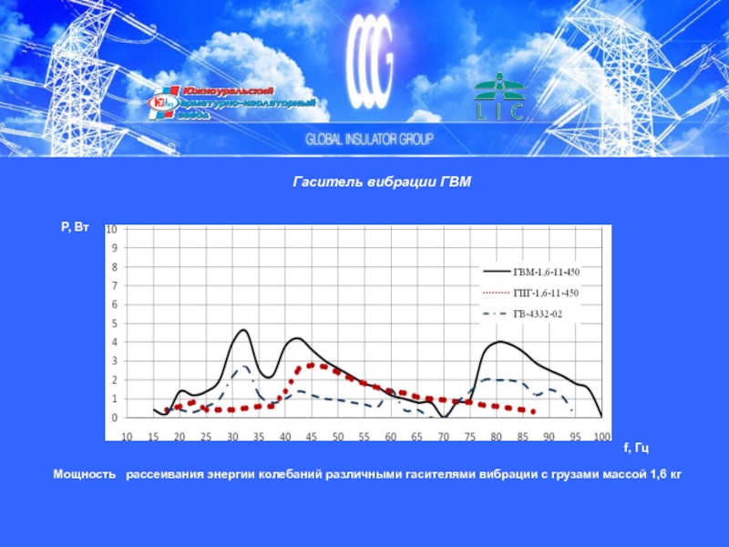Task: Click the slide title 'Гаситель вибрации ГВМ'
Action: click(x=382, y=182)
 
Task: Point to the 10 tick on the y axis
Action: click(x=113, y=230)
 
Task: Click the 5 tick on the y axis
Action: click(x=115, y=324)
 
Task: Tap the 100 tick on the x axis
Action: click(x=601, y=437)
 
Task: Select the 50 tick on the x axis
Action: click(x=338, y=437)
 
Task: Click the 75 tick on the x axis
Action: click(x=470, y=437)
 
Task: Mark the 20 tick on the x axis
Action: click(x=180, y=437)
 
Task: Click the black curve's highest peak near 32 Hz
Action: click(x=243, y=330)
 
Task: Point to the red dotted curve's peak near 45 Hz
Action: click(x=314, y=365)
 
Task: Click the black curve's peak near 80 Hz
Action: click(x=499, y=342)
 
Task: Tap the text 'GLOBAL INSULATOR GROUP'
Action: click(x=369, y=140)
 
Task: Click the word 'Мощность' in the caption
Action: click(x=84, y=475)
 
